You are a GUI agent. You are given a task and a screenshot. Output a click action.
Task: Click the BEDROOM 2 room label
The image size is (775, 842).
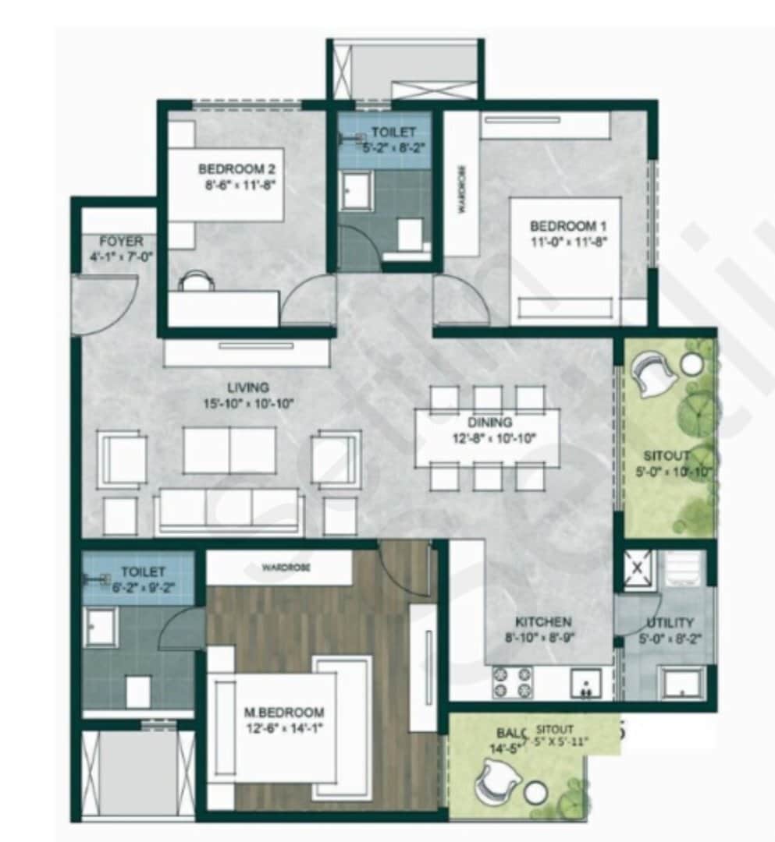(x=236, y=168)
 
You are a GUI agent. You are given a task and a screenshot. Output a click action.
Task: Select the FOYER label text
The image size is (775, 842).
(x=121, y=242)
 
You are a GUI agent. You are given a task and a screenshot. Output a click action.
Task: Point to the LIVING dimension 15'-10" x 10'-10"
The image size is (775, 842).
(x=248, y=403)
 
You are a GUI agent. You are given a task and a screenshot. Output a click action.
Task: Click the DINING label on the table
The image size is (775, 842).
(x=490, y=423)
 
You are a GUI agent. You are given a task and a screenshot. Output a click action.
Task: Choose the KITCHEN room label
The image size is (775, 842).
(x=543, y=622)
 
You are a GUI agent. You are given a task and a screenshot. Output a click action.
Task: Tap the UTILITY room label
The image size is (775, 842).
(x=670, y=623)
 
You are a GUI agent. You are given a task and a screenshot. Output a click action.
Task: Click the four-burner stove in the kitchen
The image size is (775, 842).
(x=511, y=682)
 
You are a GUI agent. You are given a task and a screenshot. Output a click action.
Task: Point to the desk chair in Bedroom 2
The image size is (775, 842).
(x=195, y=281)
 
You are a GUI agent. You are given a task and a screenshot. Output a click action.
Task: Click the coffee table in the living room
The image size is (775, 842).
(x=229, y=450)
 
